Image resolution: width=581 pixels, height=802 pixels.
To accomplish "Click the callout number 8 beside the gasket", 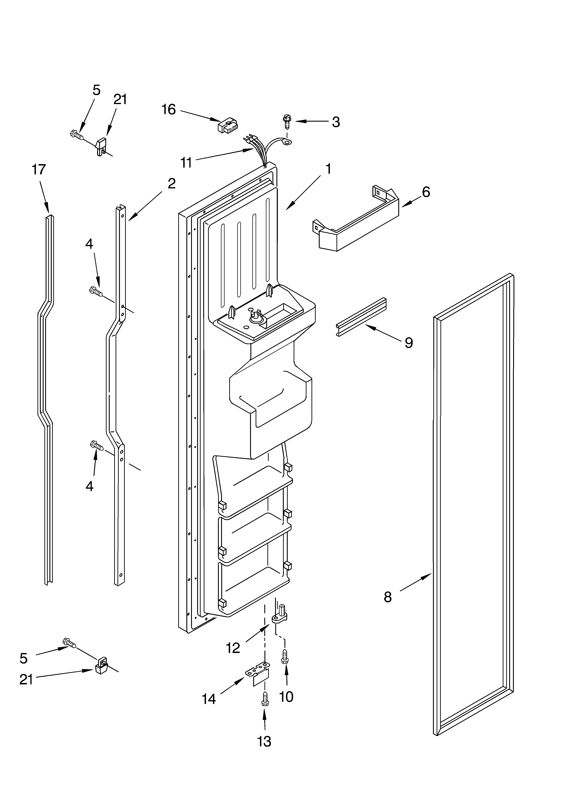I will [388, 597].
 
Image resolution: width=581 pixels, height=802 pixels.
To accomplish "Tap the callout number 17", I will [39, 170].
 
